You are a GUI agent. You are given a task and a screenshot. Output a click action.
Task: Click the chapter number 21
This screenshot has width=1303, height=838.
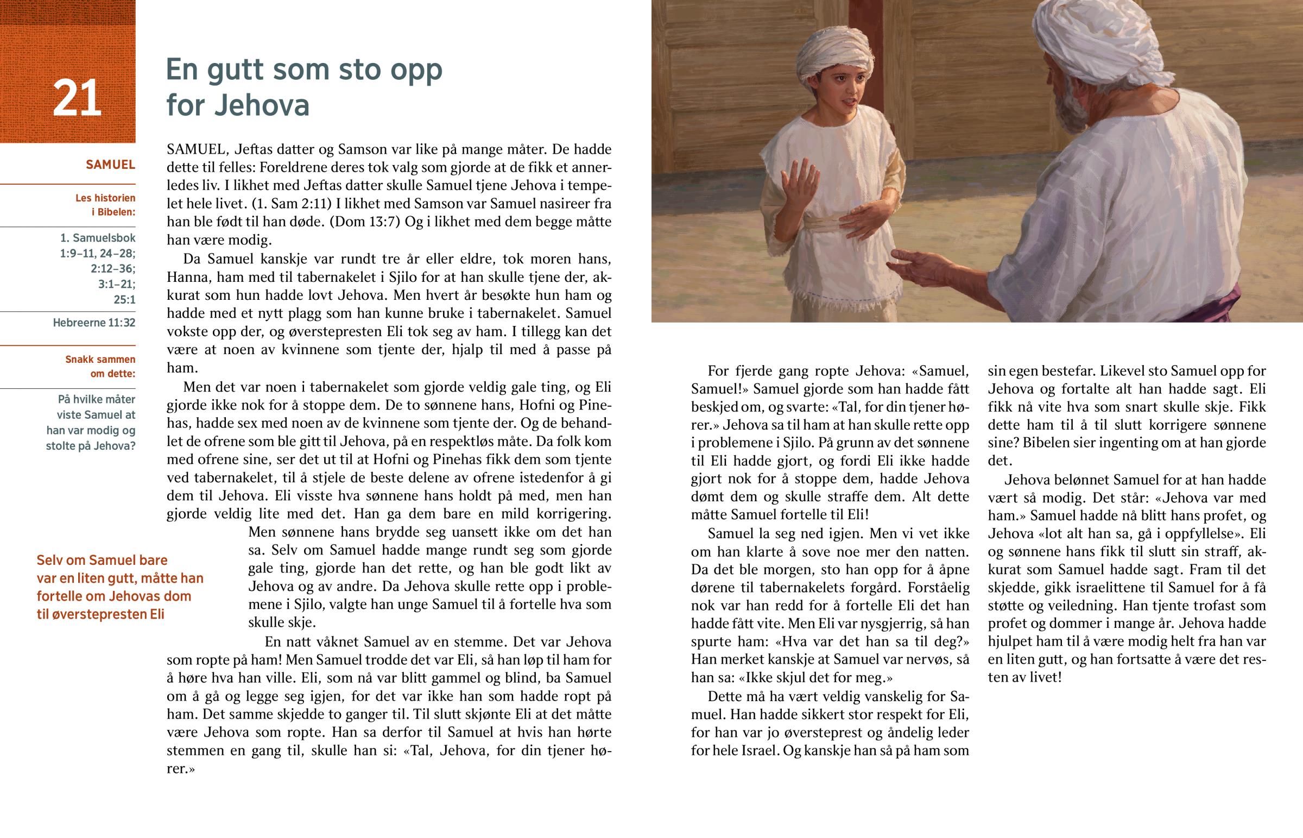coord(77,98)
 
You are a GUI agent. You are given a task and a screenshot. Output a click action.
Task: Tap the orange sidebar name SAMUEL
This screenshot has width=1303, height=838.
coord(110,165)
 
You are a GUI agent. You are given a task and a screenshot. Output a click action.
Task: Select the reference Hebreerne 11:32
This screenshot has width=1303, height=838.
coord(94,323)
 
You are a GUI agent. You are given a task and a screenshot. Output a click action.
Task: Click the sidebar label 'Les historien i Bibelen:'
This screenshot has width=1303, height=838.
coord(105,205)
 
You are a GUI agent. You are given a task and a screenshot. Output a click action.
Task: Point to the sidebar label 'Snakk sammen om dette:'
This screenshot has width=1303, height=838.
coord(100,366)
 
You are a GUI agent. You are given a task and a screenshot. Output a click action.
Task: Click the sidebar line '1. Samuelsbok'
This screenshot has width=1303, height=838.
coord(97,238)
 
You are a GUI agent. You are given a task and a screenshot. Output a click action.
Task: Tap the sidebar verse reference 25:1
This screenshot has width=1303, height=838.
coord(124,299)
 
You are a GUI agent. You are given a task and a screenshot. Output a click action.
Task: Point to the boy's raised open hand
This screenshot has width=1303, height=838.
coord(800,186)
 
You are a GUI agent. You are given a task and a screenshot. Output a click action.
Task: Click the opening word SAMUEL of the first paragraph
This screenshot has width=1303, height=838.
coord(196,150)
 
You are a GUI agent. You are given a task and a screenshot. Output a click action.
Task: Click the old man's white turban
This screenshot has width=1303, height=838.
coord(1093,38)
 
